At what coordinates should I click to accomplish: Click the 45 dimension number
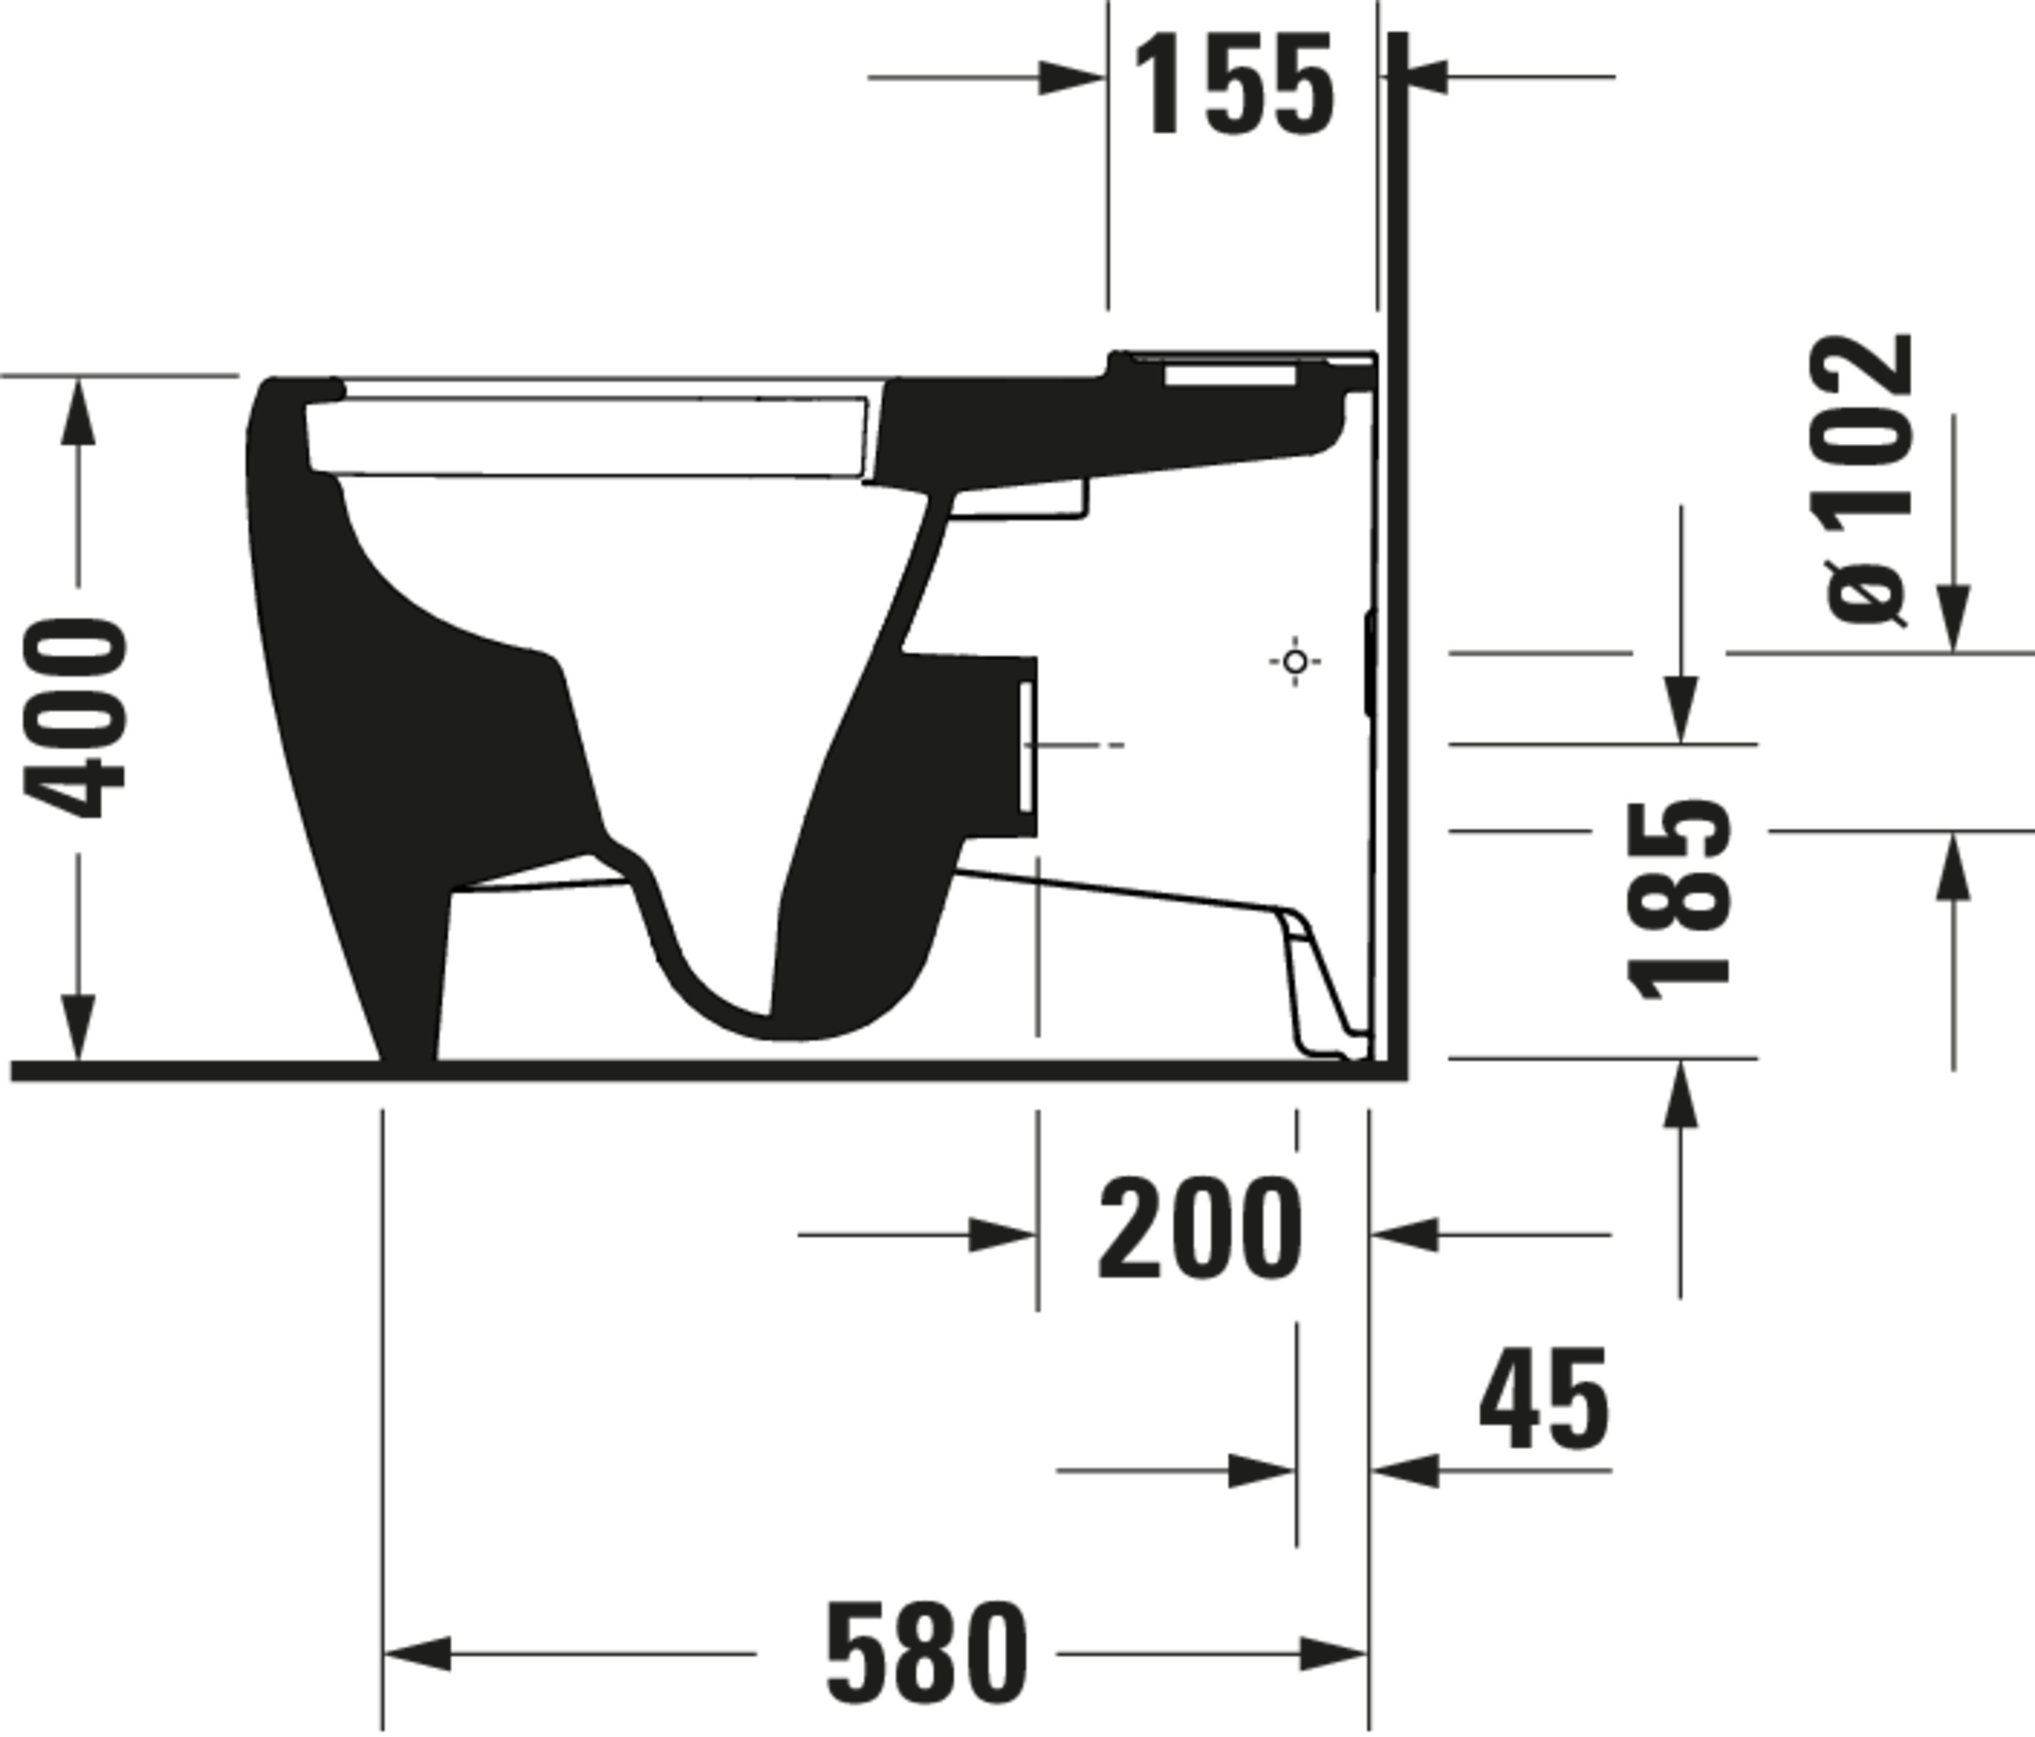click(1543, 1400)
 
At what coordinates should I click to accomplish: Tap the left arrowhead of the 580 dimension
click(416, 1654)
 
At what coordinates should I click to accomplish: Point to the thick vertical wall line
click(1399, 550)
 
